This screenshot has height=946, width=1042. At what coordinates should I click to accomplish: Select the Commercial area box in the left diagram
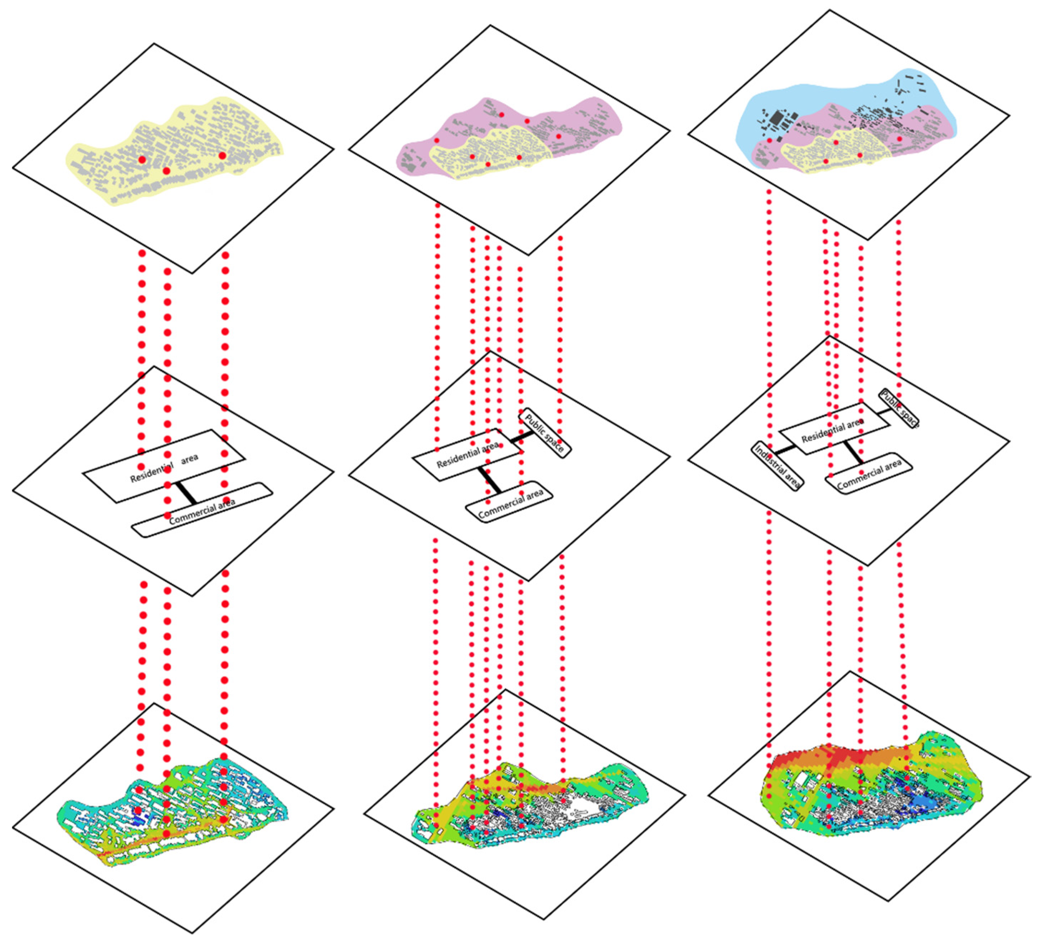coord(202,510)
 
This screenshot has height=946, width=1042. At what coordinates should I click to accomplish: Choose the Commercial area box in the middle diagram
coord(510,504)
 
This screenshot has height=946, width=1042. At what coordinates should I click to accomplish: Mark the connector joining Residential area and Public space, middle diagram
coord(522,437)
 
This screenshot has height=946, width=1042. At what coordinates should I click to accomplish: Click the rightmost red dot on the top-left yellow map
coord(222,156)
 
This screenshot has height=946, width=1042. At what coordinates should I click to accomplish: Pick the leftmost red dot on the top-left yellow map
coord(142,160)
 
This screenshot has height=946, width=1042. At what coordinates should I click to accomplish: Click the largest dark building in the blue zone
coord(775,120)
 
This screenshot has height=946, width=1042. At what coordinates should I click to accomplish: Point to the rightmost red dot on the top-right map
coord(900,139)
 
